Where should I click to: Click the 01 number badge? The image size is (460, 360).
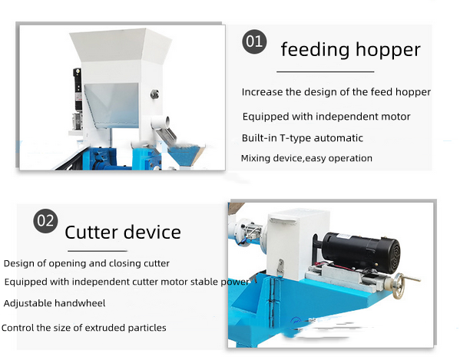[254, 41]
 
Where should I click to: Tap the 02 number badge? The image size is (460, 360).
[45, 221]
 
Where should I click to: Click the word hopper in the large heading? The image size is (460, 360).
[388, 51]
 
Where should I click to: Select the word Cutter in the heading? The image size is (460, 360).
[91, 232]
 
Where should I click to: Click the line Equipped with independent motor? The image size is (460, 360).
[326, 117]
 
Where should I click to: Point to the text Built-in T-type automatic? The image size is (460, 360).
[302, 138]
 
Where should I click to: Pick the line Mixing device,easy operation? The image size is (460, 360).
[306, 158]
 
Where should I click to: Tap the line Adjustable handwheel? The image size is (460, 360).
[55, 303]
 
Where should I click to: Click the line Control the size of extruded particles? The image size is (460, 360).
[84, 328]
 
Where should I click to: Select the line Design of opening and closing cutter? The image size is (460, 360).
[87, 263]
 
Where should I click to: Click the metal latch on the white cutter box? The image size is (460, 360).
[281, 267]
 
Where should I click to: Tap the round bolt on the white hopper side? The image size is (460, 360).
[154, 94]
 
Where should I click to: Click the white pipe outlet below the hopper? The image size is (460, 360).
[161, 122]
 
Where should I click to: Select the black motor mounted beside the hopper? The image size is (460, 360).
[78, 89]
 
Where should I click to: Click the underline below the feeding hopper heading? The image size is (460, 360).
[326, 71]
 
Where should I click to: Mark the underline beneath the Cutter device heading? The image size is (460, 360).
[98, 251]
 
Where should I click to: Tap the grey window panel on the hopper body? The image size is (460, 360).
[111, 105]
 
